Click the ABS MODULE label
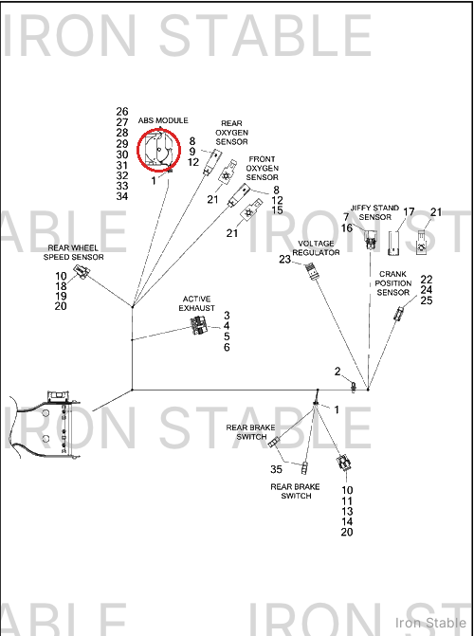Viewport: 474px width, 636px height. [163, 120]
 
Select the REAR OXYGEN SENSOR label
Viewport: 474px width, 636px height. [231, 133]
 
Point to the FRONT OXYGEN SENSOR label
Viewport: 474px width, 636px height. [263, 169]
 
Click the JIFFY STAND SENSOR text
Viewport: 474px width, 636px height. [375, 212]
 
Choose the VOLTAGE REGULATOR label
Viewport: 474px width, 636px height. [316, 247]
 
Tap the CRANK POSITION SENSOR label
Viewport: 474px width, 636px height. [392, 283]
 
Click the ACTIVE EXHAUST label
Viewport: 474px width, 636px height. [197, 304]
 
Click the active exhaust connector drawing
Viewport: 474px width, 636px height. [199, 325]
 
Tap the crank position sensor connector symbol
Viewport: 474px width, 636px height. [399, 313]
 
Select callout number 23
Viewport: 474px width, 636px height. [285, 259]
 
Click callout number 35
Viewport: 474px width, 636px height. [277, 469]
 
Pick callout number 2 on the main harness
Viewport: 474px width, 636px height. [337, 372]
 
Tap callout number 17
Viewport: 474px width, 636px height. [409, 211]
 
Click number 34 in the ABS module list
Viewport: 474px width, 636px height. [122, 196]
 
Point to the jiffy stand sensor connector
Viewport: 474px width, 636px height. [370, 239]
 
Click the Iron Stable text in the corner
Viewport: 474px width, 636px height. [430, 623]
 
